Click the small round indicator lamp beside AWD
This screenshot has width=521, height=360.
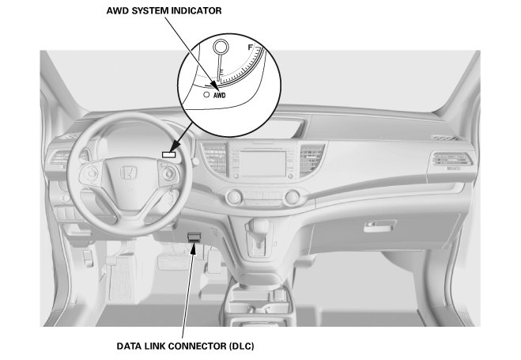[x=206, y=93]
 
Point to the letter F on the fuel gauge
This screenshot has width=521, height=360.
[x=251, y=48]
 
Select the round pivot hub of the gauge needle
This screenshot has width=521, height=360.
[x=217, y=45]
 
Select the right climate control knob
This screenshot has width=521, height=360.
[x=293, y=195]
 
